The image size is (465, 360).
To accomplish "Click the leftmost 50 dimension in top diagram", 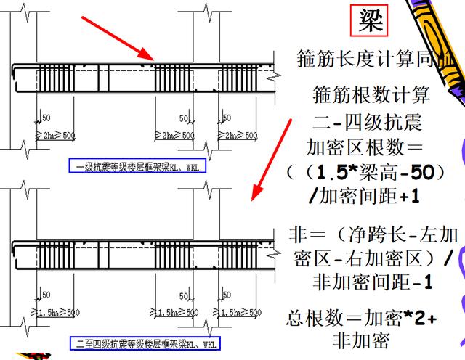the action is tap(46, 118).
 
